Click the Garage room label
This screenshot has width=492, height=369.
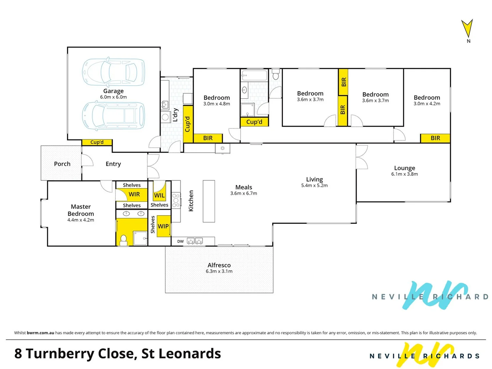click(x=113, y=91)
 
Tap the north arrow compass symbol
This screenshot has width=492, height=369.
click(x=467, y=29)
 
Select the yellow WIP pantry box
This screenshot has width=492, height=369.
click(x=163, y=226)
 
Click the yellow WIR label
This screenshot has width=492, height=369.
click(x=134, y=194)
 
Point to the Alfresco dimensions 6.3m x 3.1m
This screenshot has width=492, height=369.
click(x=219, y=271)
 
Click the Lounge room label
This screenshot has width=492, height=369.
click(x=405, y=168)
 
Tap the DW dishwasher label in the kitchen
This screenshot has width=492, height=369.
click(x=180, y=242)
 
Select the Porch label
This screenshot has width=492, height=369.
click(x=62, y=164)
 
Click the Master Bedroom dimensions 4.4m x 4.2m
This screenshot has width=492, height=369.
click(x=81, y=220)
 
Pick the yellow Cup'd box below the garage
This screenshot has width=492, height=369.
click(x=97, y=142)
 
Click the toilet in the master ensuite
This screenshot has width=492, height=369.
click(x=124, y=240)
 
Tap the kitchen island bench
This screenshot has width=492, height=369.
click(x=209, y=201)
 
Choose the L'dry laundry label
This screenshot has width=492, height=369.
click(x=175, y=115)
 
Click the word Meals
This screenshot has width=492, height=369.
click(x=244, y=187)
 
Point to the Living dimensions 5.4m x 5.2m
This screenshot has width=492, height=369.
click(x=314, y=186)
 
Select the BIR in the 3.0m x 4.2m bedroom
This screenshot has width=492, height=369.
click(x=435, y=138)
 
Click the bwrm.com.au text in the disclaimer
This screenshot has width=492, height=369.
click(x=40, y=333)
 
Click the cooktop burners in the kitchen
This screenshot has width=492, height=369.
click(x=176, y=201)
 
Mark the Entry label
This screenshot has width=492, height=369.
click(x=113, y=164)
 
